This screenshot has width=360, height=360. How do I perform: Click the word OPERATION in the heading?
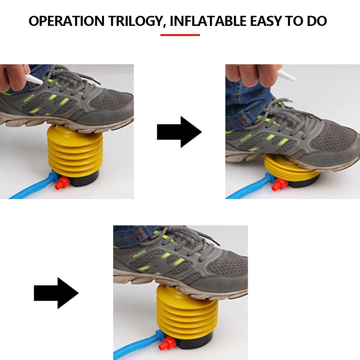tap(66, 21)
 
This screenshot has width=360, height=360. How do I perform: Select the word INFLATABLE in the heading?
tap(208, 21)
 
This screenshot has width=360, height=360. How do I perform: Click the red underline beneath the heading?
tap(180, 35)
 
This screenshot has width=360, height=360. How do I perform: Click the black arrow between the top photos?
tap(179, 132)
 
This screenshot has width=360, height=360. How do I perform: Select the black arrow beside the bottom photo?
tap(56, 293)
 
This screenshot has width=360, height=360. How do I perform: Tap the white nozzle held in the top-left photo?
tap(34, 78)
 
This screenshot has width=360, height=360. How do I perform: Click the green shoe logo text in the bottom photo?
tap(139, 255)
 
